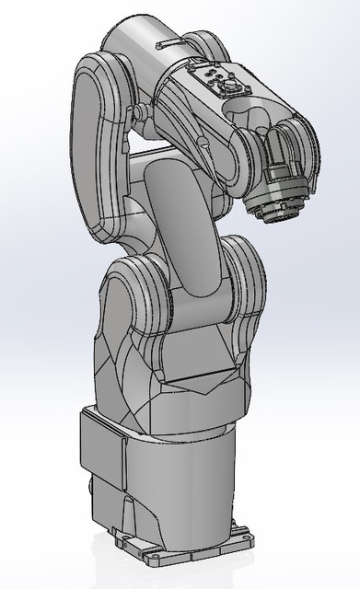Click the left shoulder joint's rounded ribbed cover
(x=138, y=294)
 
